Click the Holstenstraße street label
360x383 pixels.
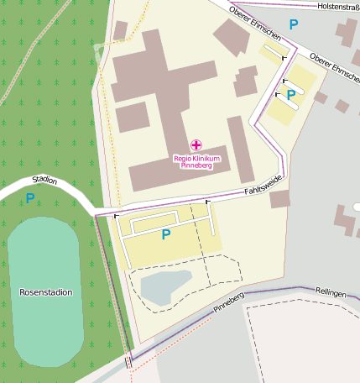point(339,6)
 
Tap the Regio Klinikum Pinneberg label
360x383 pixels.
point(196,161)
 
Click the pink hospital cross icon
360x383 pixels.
point(196,145)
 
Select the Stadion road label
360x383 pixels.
point(44,179)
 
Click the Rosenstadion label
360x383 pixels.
point(45,292)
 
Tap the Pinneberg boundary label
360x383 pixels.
point(228,303)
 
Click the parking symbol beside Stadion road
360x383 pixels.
point(30,198)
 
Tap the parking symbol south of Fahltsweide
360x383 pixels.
point(165,234)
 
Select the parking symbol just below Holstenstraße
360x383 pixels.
point(293,25)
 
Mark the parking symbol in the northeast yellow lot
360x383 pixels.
point(290,95)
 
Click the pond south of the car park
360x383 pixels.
point(167,286)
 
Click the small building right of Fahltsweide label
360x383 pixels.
point(279,199)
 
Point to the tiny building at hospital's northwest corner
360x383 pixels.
point(121,31)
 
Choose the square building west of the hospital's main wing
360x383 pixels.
point(132,118)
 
